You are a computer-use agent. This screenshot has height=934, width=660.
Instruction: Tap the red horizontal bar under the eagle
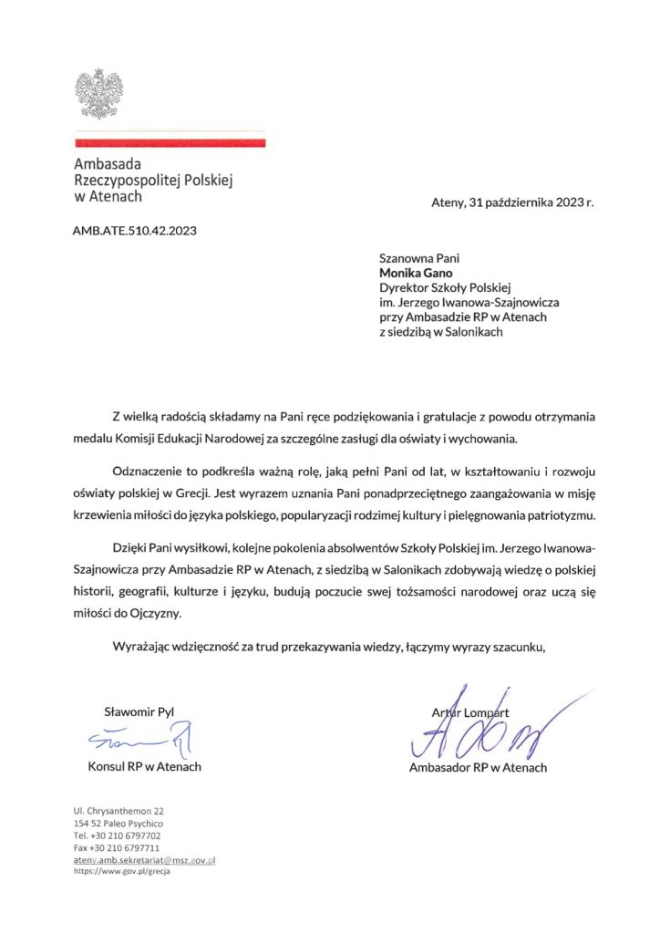click(170, 143)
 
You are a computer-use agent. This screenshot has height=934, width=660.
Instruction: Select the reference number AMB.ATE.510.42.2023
click(134, 230)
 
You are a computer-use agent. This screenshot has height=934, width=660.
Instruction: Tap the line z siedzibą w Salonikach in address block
click(441, 332)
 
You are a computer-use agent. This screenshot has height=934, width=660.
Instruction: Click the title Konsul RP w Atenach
click(144, 766)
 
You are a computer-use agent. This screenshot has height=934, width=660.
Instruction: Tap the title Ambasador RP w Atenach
click(478, 767)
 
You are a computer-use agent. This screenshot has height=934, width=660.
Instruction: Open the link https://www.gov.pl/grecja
click(121, 872)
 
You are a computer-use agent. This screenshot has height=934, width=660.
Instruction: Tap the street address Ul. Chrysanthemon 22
click(119, 810)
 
